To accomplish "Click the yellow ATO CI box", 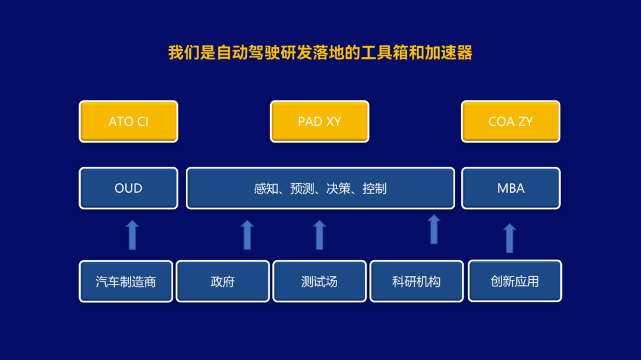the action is pyautogui.click(x=128, y=122).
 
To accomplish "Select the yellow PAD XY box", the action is pyautogui.click(x=320, y=122).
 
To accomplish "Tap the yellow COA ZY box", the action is pyautogui.click(x=510, y=122).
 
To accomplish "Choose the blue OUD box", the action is pyautogui.click(x=128, y=188).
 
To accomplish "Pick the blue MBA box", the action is pyautogui.click(x=510, y=188).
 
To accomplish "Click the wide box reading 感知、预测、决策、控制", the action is pyautogui.click(x=320, y=188).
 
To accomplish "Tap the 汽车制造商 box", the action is pyautogui.click(x=126, y=281).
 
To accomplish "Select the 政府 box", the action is pyautogui.click(x=223, y=281).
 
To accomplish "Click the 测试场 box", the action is pyautogui.click(x=320, y=281).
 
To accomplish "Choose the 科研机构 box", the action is pyautogui.click(x=417, y=281).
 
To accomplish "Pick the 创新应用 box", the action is pyautogui.click(x=515, y=281).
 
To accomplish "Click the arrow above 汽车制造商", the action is pyautogui.click(x=132, y=235).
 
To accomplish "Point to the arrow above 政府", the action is pyautogui.click(x=247, y=235).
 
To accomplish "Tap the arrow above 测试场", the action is pyautogui.click(x=320, y=235).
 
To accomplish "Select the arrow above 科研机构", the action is pyautogui.click(x=434, y=230).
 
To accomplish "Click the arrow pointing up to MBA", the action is pyautogui.click(x=509, y=238).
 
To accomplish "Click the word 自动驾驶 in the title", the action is pyautogui.click(x=248, y=53).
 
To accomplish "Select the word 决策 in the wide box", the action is pyautogui.click(x=338, y=189).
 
